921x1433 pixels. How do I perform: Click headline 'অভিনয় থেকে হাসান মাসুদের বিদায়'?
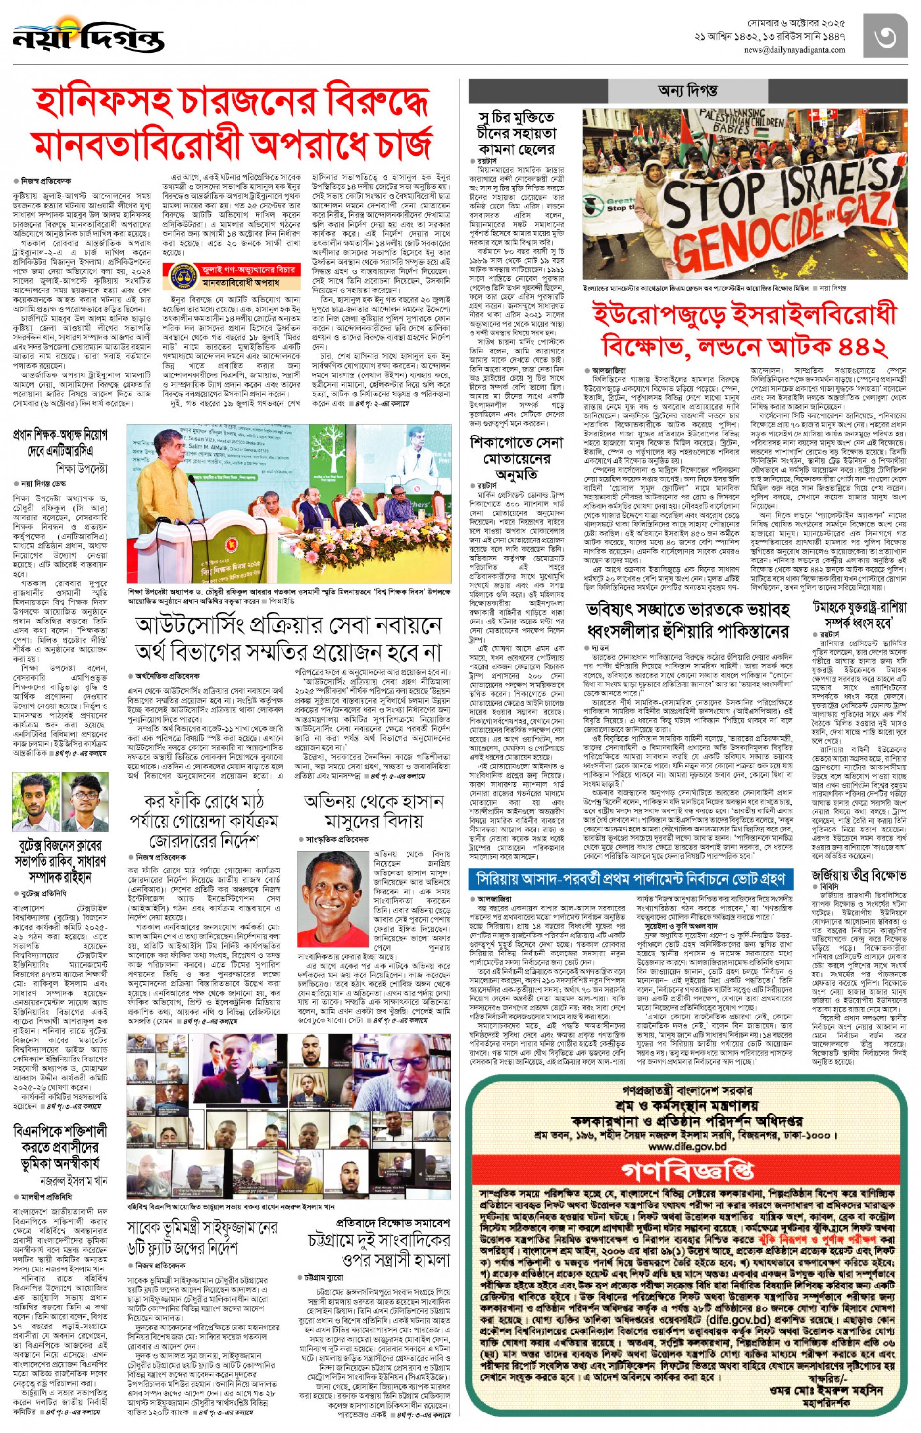pyautogui.click(x=373, y=810)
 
